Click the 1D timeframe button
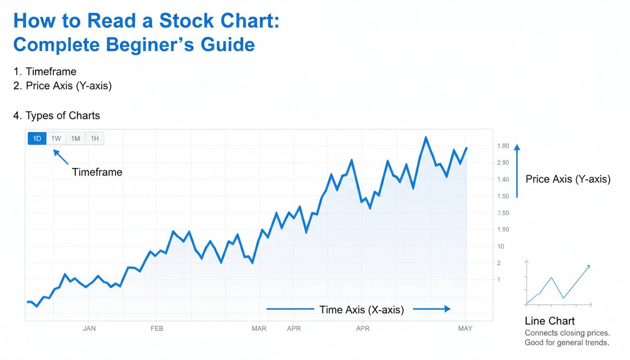pyautogui.click(x=37, y=138)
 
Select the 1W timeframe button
pyautogui.click(x=56, y=138)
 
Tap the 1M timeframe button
pyautogui.click(x=75, y=138)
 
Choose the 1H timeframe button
pyautogui.click(x=95, y=138)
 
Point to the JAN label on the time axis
pyautogui.click(x=89, y=329)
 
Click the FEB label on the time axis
pyautogui.click(x=157, y=329)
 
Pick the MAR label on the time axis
pyautogui.click(x=259, y=329)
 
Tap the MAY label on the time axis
pyautogui.click(x=465, y=329)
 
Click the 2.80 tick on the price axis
pyautogui.click(x=502, y=163)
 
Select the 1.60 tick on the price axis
pyautogui.click(x=502, y=146)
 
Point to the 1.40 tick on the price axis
pyautogui.click(x=502, y=180)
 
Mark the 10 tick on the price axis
pyautogui.click(x=501, y=247)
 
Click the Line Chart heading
pyautogui.click(x=550, y=321)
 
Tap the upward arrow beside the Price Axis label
pyautogui.click(x=517, y=171)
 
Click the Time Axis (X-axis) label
pyautogui.click(x=361, y=309)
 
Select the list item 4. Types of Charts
pyautogui.click(x=56, y=115)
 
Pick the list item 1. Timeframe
pyautogui.click(x=45, y=72)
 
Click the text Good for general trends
pyautogui.click(x=567, y=343)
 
